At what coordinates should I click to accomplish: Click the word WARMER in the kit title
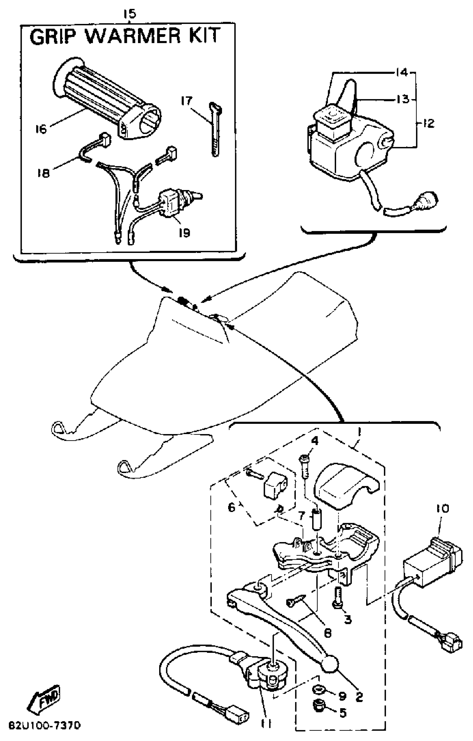[133, 36]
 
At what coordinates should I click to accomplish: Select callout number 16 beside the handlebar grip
[41, 129]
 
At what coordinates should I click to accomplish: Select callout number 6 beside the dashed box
[231, 507]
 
